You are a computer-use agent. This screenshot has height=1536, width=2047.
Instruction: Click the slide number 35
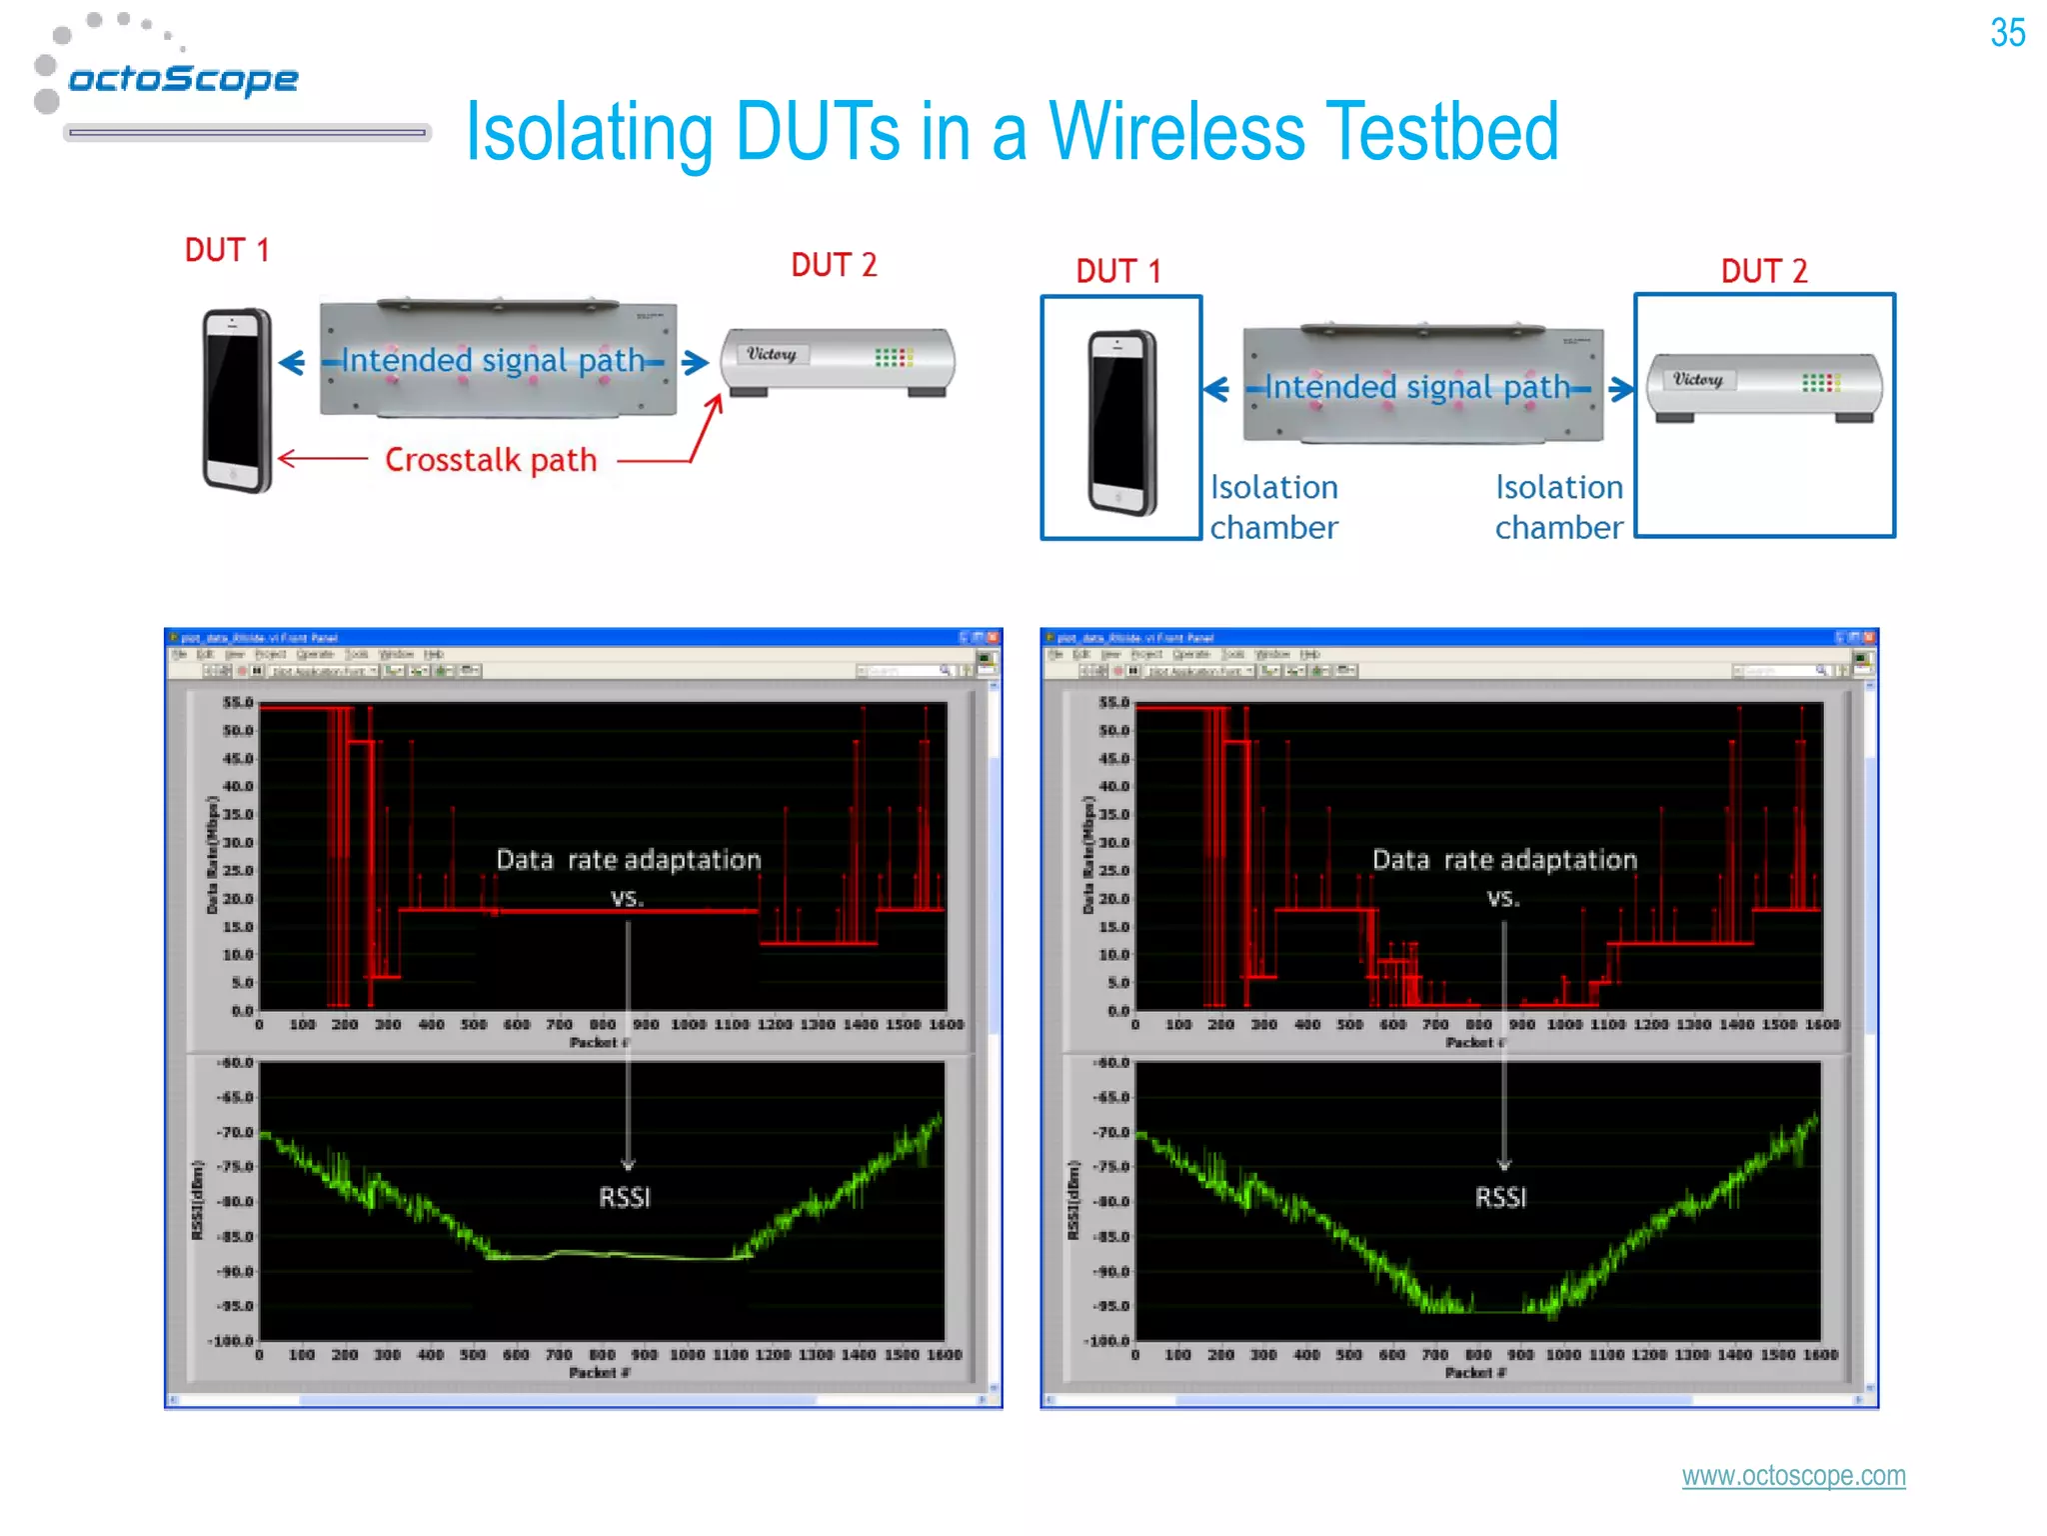[x=2007, y=33]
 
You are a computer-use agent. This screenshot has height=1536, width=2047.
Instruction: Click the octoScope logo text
[x=183, y=78]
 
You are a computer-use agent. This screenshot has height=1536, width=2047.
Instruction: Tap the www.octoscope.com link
[x=1793, y=1475]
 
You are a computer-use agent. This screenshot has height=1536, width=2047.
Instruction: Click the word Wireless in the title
[x=1175, y=132]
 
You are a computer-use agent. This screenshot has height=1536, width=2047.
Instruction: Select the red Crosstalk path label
[x=491, y=460]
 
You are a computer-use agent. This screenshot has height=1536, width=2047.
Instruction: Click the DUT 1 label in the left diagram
[x=227, y=250]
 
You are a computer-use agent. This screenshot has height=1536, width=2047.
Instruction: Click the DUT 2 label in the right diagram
[x=1763, y=271]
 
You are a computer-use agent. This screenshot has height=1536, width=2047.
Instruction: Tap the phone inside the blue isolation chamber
[x=1120, y=421]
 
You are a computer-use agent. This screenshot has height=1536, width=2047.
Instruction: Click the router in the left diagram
[x=838, y=360]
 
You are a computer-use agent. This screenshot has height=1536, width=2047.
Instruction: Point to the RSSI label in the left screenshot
[x=625, y=1197]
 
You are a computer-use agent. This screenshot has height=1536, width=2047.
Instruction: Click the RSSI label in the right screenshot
[x=1500, y=1197]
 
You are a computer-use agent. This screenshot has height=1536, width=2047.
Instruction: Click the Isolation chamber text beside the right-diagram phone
[x=1273, y=507]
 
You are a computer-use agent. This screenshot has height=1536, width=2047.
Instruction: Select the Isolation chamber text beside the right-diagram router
[x=1558, y=507]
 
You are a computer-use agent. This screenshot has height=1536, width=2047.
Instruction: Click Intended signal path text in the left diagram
[x=493, y=360]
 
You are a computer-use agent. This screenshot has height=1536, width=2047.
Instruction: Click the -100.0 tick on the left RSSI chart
[x=231, y=1340]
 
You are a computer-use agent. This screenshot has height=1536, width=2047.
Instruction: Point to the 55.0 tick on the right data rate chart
[x=1113, y=702]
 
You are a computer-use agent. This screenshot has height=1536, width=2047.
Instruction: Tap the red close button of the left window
[x=992, y=637]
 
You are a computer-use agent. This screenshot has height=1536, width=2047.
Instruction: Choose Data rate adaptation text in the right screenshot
[x=1504, y=860]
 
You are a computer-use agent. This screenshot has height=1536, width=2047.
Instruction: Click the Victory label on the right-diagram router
[x=1698, y=380]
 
